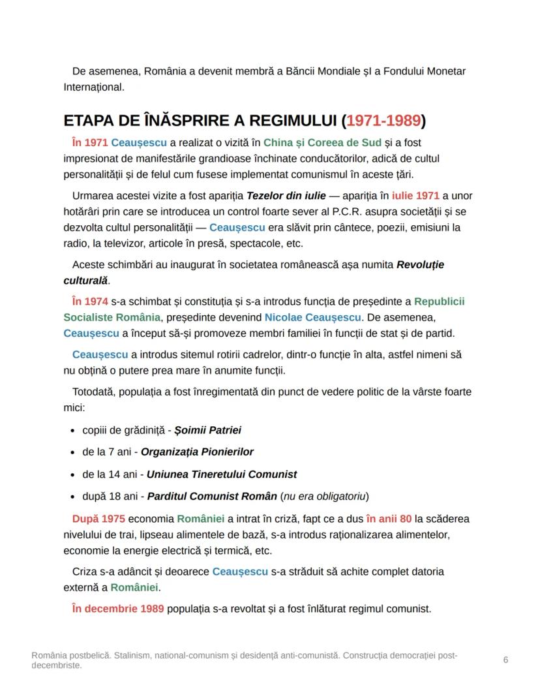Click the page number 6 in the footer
click(505, 660)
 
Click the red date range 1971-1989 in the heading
click(383, 121)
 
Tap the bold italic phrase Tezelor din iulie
click(286, 196)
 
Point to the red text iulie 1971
click(415, 196)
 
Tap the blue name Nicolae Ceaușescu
click(312, 317)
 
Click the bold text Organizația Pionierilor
click(197, 452)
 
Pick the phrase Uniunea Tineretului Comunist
click(222, 474)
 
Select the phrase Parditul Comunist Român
click(212, 496)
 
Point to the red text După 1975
click(98, 519)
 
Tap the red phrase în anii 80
click(389, 519)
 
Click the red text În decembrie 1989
click(118, 608)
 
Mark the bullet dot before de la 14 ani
click(72, 474)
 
